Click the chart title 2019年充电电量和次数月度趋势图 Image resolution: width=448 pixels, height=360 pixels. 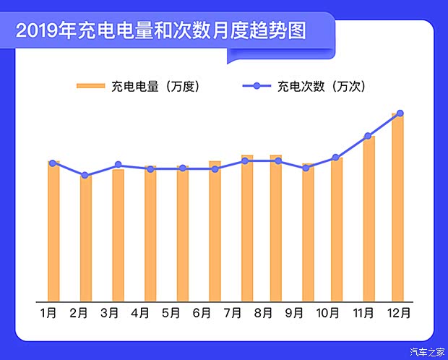click(161, 31)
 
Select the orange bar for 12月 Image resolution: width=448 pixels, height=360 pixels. click(397, 210)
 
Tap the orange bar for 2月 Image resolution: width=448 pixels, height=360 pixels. click(86, 239)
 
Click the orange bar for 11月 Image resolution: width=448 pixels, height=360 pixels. click(369, 218)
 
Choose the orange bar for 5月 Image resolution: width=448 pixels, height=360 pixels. click(183, 233)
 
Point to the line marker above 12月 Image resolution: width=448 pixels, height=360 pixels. click(400, 113)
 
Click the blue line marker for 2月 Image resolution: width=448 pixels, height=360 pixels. click(85, 175)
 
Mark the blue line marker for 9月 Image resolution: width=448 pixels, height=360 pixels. click(306, 168)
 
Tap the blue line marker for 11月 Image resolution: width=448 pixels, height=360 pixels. click(368, 135)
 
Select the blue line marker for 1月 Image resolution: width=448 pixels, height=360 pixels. click(53, 163)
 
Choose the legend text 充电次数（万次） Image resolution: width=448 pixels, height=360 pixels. click(321, 87)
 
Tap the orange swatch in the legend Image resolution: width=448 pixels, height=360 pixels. click(90, 87)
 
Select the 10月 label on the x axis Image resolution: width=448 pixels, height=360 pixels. click(327, 313)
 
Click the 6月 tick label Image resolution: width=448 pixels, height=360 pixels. click(202, 313)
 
